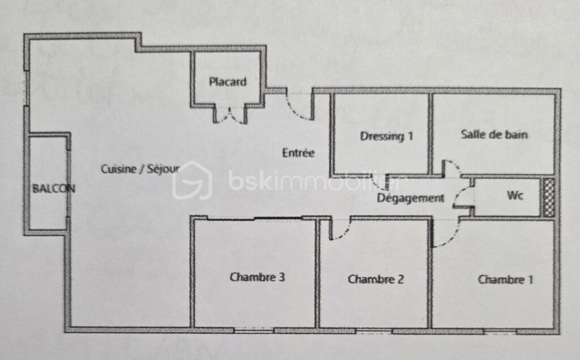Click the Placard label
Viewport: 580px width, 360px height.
coord(228,82)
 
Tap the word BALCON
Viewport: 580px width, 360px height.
coord(53,188)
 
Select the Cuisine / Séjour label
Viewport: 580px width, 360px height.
coord(140,169)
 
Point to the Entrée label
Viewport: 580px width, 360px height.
coord(298,152)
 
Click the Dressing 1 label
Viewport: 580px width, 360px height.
coord(386,136)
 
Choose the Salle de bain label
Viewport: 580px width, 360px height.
coord(494,135)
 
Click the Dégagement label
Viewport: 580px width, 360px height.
coord(411,198)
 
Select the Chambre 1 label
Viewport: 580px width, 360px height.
coord(505,279)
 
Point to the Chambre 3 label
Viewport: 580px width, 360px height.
coord(257,277)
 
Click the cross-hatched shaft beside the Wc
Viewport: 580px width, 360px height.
coord(548,197)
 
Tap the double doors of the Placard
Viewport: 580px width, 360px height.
coord(231,114)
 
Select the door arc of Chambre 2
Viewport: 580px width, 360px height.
coord(339,230)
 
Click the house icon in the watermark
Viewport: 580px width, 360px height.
coord(191,181)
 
